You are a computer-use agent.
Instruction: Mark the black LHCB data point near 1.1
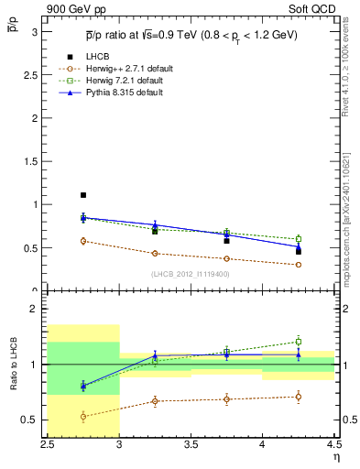point(83,195)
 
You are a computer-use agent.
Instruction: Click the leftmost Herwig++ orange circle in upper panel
point(83,241)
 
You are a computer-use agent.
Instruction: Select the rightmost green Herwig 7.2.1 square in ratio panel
point(298,342)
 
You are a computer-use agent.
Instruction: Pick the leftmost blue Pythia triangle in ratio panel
point(83,385)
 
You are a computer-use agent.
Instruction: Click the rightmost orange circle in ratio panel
point(298,397)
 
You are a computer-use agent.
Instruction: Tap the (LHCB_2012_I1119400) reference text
point(191,273)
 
